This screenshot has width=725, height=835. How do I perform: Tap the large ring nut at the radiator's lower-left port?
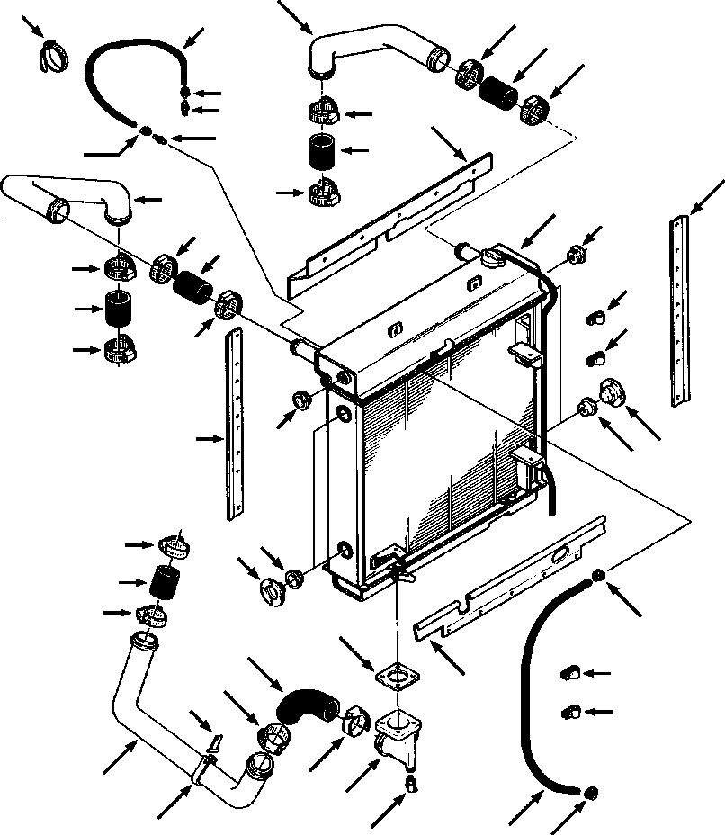coord(273,590)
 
